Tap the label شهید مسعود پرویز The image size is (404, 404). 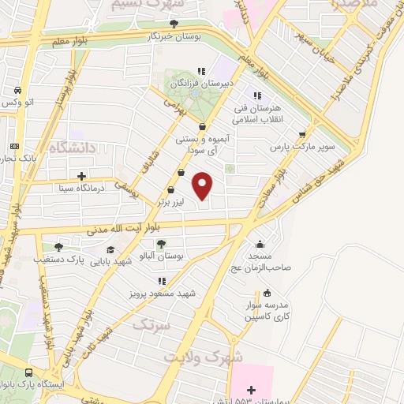(163, 293)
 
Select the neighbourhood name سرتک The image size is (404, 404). (150, 324)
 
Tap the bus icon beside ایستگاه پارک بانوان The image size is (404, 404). (28, 374)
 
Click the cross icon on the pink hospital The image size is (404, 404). (251, 390)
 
